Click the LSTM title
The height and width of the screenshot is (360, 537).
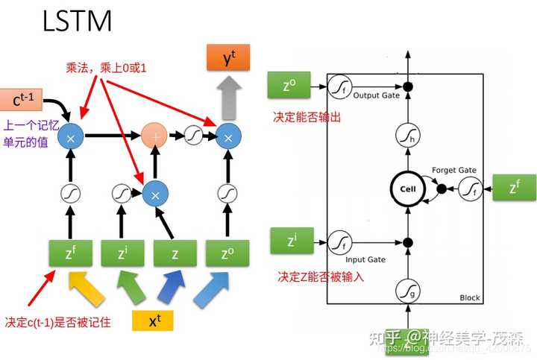point(78,21)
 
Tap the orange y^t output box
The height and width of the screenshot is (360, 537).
point(228,57)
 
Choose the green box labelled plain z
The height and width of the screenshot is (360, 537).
point(175,254)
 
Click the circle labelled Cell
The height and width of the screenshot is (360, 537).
point(407,189)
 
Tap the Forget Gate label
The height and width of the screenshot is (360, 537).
point(453,171)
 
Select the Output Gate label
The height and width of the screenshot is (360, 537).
point(377,95)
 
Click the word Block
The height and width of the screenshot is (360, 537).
point(470,298)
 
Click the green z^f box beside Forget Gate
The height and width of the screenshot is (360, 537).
point(515,188)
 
